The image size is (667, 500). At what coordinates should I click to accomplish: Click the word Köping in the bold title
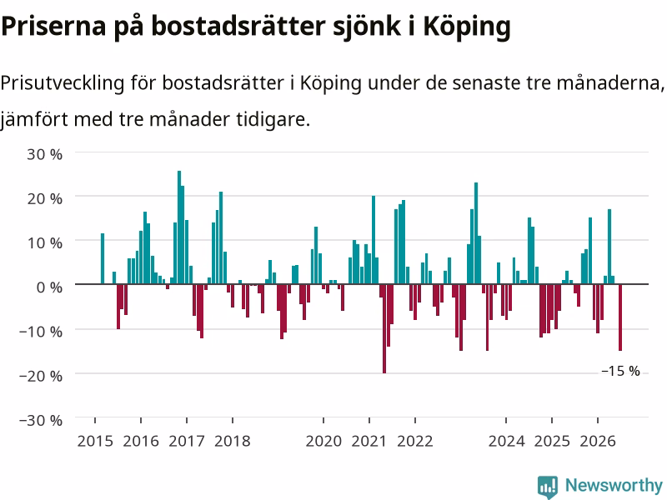pos(467,27)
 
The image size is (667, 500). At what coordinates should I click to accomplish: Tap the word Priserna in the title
pos(53,27)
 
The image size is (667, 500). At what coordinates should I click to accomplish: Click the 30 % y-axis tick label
pos(45,154)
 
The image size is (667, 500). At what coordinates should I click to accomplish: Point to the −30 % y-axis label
pos(41,420)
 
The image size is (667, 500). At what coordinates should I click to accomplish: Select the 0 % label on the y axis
pos(49,287)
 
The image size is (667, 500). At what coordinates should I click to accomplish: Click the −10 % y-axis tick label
pos(41,331)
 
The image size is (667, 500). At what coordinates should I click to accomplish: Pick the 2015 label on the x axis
pos(95,441)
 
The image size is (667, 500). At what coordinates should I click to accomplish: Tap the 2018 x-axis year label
pos(233,441)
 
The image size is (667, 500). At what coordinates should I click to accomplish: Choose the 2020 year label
pos(323,441)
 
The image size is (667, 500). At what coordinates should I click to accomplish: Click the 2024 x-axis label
pos(506,441)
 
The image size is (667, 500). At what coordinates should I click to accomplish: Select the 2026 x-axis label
pos(598,441)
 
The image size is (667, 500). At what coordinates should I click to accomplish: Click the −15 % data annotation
pos(620,371)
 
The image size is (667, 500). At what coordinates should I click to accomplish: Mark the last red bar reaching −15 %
pos(620,317)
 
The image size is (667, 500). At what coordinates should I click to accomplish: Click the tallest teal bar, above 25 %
pos(179,227)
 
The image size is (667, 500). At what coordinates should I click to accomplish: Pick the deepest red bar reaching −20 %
pos(384,328)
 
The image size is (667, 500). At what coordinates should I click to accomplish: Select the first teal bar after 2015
pos(103,258)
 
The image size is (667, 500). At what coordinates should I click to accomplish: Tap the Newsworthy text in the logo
pos(614,485)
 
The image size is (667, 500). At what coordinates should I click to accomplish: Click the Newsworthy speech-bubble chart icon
pos(548,487)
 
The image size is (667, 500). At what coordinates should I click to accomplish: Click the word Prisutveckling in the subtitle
pos(62,83)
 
